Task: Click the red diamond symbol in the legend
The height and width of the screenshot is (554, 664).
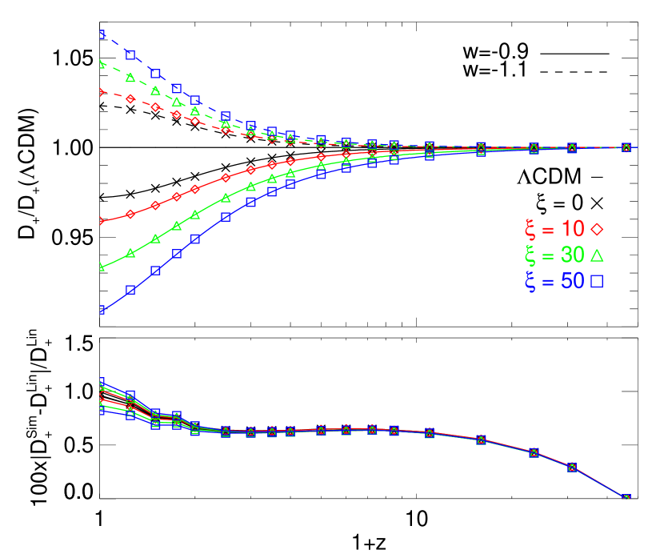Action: [x=597, y=229]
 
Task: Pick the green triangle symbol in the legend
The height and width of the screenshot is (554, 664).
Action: [x=597, y=255]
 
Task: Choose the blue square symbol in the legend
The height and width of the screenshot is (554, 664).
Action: [x=597, y=282]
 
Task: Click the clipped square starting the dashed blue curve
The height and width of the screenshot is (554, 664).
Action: [x=102, y=34]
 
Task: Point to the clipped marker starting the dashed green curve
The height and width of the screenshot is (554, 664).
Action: [x=102, y=63]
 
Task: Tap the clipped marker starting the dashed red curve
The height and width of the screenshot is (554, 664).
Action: [x=102, y=92]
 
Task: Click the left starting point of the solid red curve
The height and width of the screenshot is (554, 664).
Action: [x=102, y=221]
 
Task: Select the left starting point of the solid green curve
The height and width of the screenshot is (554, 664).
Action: [x=102, y=267]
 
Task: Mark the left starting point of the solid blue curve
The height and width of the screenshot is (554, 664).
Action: [x=102, y=310]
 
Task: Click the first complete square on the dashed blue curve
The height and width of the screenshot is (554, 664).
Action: [x=130, y=55]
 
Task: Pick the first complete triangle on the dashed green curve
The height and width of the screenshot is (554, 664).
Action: [x=130, y=78]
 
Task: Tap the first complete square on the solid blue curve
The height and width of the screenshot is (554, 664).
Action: [x=130, y=290]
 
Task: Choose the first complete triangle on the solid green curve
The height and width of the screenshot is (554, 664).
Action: [x=130, y=254]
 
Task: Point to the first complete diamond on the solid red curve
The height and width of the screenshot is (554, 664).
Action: [x=130, y=214]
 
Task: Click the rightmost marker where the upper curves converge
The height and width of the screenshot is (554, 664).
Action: [x=626, y=147]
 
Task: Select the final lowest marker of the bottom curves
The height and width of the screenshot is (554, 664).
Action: [x=626, y=498]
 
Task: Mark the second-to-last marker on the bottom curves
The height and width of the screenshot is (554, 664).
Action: [x=573, y=467]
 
